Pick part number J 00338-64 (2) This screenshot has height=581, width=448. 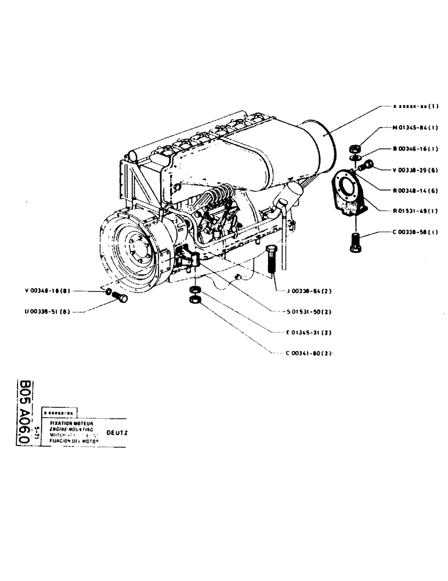pos(310,291)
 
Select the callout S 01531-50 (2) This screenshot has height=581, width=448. pos(310,312)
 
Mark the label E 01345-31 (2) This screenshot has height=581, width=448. pos(310,333)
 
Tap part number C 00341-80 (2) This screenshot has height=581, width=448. pos(310,353)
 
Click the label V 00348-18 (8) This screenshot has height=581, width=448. pos(48,290)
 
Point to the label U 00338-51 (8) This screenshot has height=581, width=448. pos(48,311)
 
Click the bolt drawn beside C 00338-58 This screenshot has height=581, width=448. pos(356,242)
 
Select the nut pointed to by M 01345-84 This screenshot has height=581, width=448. pos(359,148)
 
